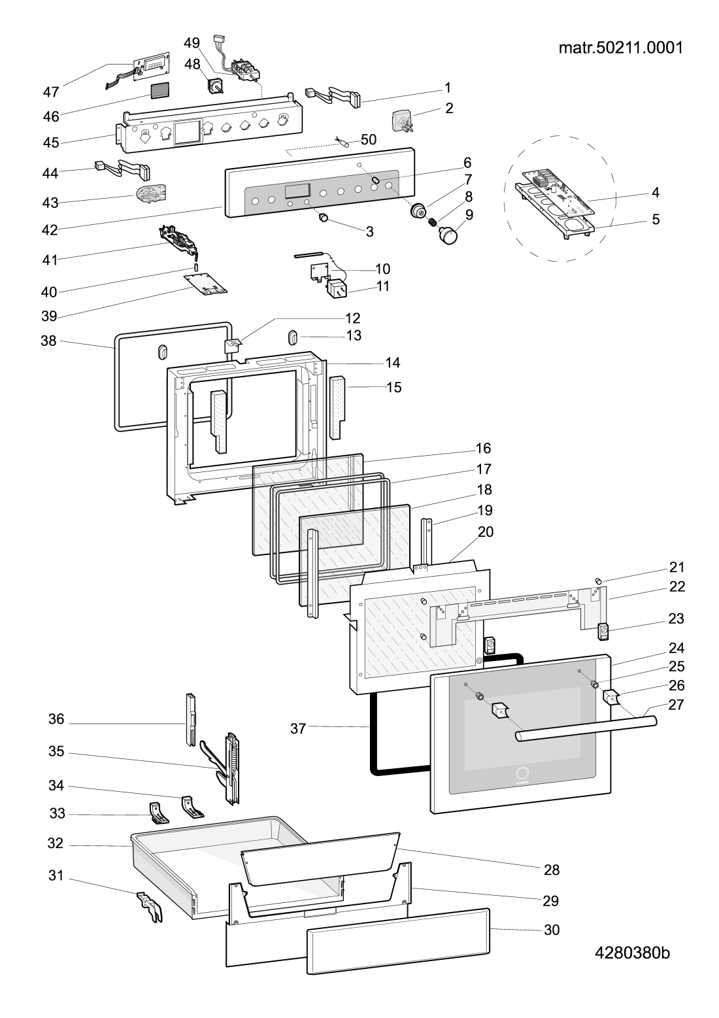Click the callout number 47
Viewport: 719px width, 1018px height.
click(51, 92)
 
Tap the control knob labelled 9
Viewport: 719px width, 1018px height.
click(448, 235)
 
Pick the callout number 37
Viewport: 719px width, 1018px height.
click(298, 728)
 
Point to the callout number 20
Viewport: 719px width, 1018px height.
click(485, 532)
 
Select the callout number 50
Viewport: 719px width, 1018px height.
click(369, 139)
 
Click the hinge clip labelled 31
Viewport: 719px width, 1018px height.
click(149, 906)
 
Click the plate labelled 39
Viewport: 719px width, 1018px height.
click(206, 284)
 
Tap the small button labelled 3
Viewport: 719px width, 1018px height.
click(323, 218)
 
